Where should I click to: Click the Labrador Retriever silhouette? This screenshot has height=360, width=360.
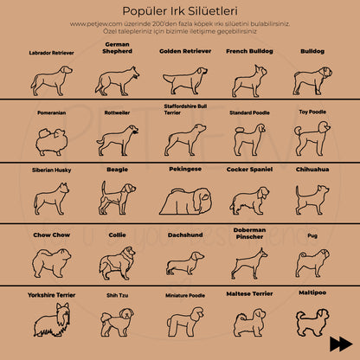pyautogui.click(x=51, y=80)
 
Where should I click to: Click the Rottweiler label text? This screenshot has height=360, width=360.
pyautogui.click(x=117, y=112)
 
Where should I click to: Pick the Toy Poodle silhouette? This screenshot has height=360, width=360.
pyautogui.click(x=312, y=139)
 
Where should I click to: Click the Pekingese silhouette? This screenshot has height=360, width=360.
pyautogui.click(x=183, y=201)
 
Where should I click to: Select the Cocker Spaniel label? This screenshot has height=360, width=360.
pyautogui.click(x=247, y=170)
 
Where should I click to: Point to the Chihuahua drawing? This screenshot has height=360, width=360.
pyautogui.click(x=312, y=199)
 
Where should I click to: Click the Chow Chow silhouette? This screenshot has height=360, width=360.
pyautogui.click(x=51, y=262)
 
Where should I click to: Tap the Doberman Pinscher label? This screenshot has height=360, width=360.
pyautogui.click(x=247, y=233)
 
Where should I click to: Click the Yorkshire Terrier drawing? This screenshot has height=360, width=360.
pyautogui.click(x=51, y=323)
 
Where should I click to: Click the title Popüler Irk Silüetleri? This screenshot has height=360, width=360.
pyautogui.click(x=180, y=9)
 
